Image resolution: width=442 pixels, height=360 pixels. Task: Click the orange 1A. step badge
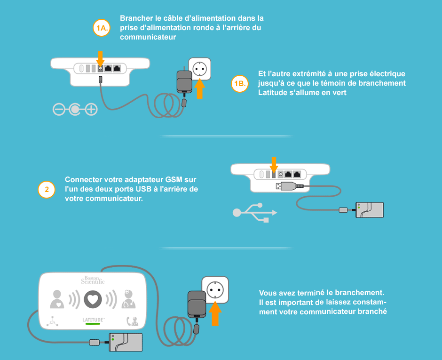[x=102, y=28]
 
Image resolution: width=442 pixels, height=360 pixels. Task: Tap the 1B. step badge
[x=240, y=84]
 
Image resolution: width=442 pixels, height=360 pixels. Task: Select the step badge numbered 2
[x=46, y=190]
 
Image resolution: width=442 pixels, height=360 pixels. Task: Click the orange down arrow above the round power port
[x=100, y=58]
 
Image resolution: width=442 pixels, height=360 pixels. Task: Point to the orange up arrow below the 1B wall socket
[x=200, y=89]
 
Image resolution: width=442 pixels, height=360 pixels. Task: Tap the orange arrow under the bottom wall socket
[x=216, y=314]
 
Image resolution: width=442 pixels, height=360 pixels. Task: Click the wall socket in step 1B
[x=199, y=68]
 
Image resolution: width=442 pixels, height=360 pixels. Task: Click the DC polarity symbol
[x=75, y=110]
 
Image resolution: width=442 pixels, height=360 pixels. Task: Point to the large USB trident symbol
[x=255, y=212]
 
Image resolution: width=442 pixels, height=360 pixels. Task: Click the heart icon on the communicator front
[x=93, y=299]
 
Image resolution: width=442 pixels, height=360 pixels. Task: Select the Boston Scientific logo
[x=93, y=280]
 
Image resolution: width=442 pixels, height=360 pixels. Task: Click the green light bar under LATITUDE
[x=93, y=324]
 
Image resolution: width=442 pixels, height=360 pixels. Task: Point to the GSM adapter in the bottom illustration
[x=126, y=342]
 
